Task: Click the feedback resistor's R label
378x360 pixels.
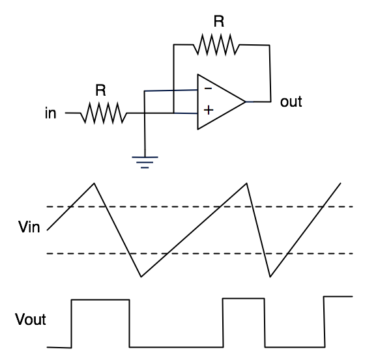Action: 219,21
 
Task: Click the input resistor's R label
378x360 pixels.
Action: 100,90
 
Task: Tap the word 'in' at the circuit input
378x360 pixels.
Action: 50,113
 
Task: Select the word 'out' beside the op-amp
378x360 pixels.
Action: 291,102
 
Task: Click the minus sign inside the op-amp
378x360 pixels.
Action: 208,89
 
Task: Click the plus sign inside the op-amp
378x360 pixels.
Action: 209,110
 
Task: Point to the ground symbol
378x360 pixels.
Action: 145,162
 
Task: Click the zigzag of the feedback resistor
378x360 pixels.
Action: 216,44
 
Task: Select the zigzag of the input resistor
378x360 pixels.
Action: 104,113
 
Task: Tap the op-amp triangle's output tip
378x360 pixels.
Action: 246,102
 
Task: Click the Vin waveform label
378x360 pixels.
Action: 29,227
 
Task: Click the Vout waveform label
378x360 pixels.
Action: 31,319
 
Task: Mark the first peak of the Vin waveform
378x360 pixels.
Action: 94,183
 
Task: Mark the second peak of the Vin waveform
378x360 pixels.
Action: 246,183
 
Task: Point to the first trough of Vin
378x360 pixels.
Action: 141,277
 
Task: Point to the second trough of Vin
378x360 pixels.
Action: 270,277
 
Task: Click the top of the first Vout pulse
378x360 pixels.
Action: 100,300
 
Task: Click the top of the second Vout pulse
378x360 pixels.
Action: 244,299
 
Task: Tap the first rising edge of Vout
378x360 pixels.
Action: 71,324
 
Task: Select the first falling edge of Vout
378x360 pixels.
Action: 130,324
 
